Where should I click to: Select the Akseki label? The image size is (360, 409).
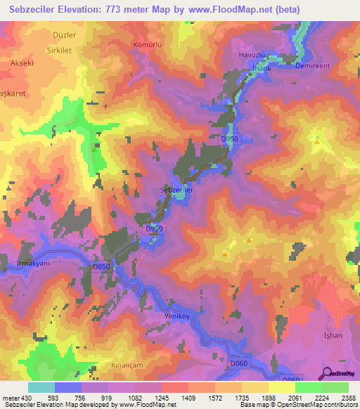click(22, 63)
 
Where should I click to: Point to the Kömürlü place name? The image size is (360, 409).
click(148, 44)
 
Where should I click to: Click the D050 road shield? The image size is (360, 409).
click(102, 267)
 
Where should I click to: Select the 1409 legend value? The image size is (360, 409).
click(188, 397)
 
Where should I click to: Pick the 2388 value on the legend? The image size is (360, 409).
click(349, 397)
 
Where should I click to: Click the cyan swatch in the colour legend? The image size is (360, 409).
click(41, 387)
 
